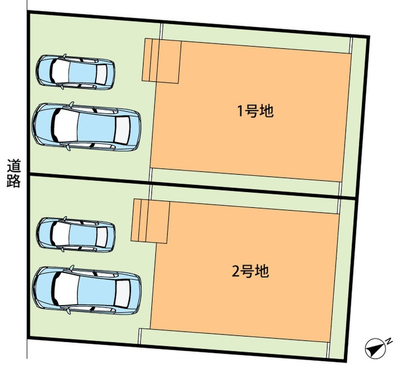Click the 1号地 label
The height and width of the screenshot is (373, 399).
[x=255, y=111]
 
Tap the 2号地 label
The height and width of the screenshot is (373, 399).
[x=250, y=271]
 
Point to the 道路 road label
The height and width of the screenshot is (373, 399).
[x=14, y=173]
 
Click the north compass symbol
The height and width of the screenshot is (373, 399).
[x=375, y=349]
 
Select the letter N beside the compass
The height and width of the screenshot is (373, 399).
[x=389, y=341]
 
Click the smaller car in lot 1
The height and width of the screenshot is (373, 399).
[x=75, y=72]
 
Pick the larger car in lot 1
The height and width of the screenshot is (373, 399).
[x=86, y=126]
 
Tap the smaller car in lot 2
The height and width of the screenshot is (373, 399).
[x=76, y=235]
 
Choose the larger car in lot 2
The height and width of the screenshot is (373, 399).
[x=86, y=290]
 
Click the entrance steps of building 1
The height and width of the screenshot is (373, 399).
[x=161, y=61]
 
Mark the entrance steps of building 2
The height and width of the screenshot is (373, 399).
[x=150, y=221]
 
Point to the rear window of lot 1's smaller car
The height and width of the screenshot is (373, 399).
[x=101, y=74]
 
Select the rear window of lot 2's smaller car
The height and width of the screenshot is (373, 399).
[x=102, y=237]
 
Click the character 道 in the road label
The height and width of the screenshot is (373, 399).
[x=14, y=166]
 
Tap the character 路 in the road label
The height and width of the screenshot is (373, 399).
[x=14, y=181]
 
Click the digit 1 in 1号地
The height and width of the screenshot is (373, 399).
[x=240, y=111]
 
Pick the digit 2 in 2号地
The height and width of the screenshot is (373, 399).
[x=235, y=271]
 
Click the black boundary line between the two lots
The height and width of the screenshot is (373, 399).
[x=192, y=186]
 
